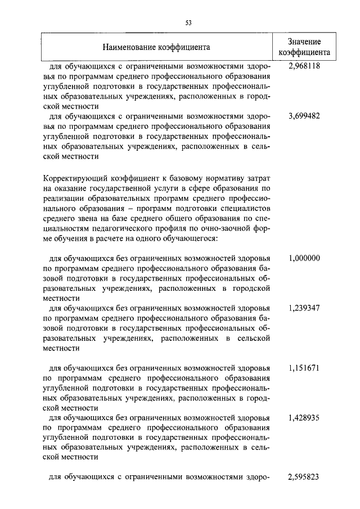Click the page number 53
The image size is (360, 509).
click(188, 22)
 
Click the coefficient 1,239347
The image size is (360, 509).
click(304, 308)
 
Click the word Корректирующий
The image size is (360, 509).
click(75, 178)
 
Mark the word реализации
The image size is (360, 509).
click(61, 199)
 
